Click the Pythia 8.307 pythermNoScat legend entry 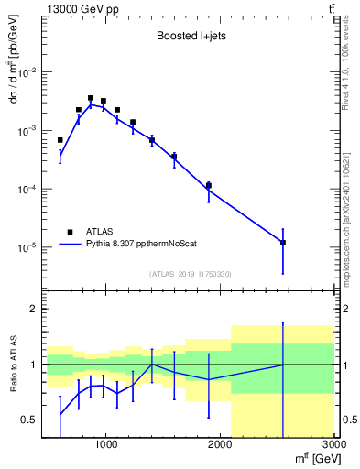tap(144, 245)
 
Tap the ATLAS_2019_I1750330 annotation tap(191, 274)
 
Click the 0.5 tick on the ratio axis tap(29, 420)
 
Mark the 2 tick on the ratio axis tap(34, 309)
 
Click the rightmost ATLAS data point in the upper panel tap(283, 243)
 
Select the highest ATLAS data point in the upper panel tap(91, 98)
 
